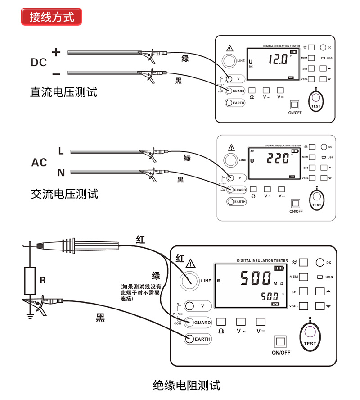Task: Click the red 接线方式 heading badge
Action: pos(51,17)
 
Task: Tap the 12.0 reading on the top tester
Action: pos(275,59)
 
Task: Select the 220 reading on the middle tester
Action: pos(277,158)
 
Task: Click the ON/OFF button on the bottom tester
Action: pos(281,341)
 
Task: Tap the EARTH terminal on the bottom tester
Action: pos(189,339)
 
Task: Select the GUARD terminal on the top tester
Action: pos(229,91)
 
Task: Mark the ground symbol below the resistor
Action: pos(30,315)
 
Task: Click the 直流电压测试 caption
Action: pos(63,92)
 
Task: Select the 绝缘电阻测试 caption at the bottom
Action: pos(186,385)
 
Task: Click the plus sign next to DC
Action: pos(56,52)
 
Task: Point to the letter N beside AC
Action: pos(61,172)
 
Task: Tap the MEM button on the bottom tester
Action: pos(303,277)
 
